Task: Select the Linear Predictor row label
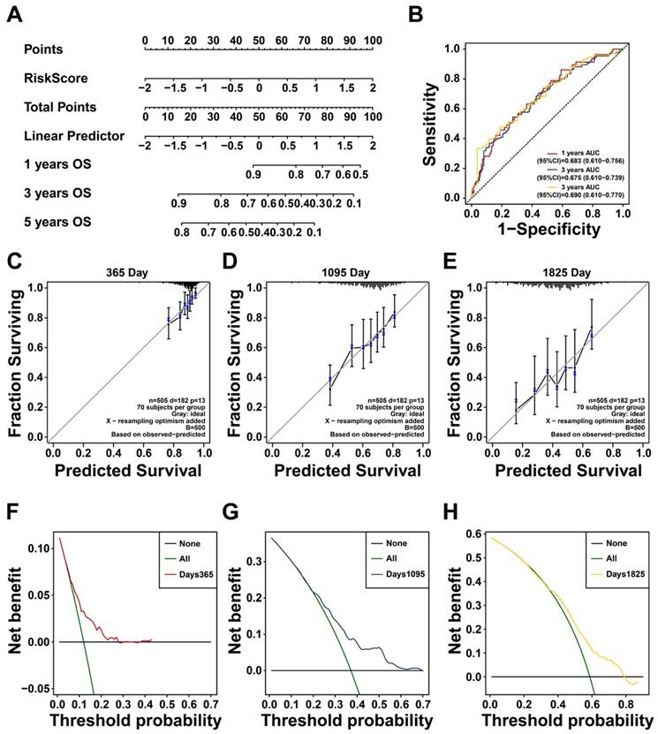[x=73, y=135]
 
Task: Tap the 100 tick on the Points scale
[x=373, y=41]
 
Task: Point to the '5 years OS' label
[x=57, y=221]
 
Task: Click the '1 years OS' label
[x=57, y=164]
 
